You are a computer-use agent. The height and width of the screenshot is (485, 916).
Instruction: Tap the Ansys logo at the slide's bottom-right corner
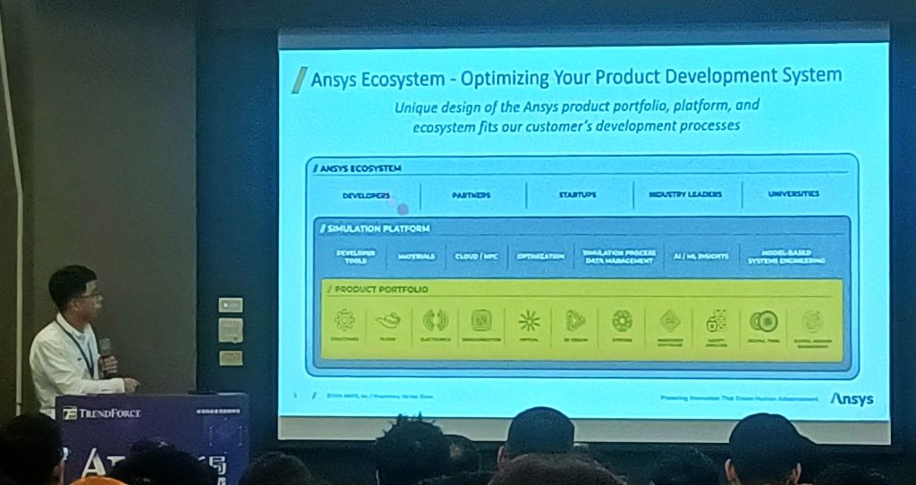tap(852, 399)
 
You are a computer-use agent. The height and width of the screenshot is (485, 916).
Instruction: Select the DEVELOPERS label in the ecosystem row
tap(366, 195)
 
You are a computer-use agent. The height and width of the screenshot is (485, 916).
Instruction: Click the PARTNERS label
tap(471, 195)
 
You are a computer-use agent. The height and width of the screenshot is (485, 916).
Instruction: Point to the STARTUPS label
tap(578, 194)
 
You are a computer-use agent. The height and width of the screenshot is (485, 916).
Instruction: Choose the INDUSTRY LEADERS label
tap(684, 194)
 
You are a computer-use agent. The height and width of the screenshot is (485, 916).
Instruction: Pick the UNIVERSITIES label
tap(793, 193)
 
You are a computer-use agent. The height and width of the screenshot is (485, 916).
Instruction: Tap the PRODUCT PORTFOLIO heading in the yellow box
tap(381, 290)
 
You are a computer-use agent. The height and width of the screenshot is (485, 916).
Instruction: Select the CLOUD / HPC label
tap(476, 256)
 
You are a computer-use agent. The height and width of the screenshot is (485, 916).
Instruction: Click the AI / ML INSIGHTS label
tap(700, 256)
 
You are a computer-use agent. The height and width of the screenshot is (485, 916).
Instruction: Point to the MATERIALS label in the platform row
tap(416, 256)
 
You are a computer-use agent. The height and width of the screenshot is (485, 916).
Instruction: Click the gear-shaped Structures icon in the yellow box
tap(344, 319)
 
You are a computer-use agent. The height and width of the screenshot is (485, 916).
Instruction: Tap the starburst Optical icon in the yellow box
tap(529, 320)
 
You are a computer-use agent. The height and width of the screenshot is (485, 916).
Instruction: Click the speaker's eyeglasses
tap(89, 294)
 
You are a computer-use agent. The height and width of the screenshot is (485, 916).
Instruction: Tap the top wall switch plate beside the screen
tap(230, 305)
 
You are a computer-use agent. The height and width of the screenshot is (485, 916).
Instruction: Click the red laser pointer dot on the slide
tap(402, 208)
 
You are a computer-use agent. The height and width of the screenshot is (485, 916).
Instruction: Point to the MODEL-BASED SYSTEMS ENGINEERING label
tap(787, 256)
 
